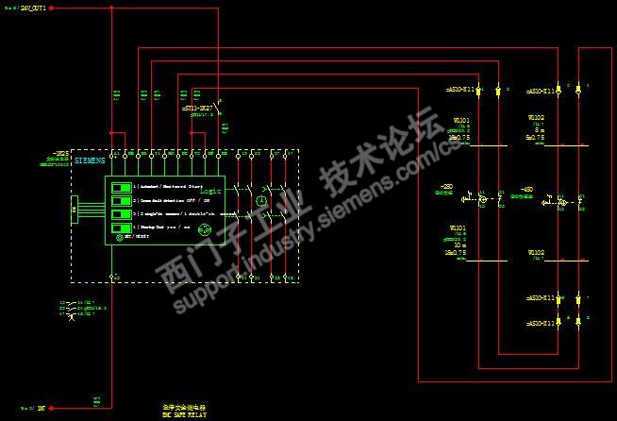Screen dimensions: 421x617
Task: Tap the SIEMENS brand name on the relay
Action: (90, 161)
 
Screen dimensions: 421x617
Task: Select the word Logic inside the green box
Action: (209, 191)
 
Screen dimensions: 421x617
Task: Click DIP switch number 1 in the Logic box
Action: (122, 187)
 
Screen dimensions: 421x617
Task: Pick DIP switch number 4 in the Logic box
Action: (122, 227)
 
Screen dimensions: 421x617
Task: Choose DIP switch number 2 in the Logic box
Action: (122, 201)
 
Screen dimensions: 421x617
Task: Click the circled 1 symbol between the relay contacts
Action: (263, 201)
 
